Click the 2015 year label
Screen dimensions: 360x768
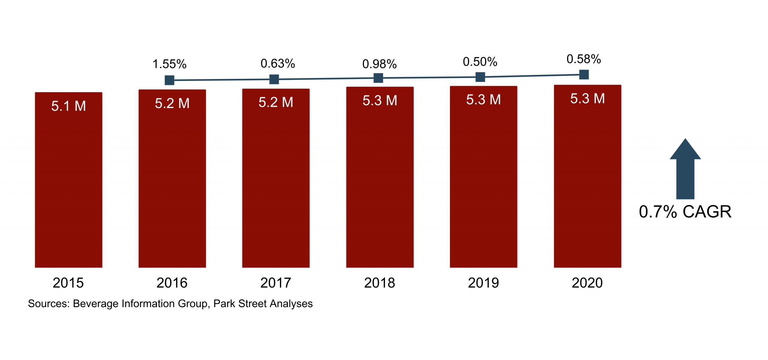click(68, 283)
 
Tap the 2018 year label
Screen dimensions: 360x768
click(379, 283)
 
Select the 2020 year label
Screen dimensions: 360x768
click(587, 283)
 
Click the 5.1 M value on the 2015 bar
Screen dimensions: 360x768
click(68, 106)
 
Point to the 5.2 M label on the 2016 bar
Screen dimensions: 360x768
click(172, 103)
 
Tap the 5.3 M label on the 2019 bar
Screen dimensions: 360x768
click(483, 100)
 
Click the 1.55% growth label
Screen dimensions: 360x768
click(169, 64)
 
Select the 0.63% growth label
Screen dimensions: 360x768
click(278, 64)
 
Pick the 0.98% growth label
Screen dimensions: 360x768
click(379, 64)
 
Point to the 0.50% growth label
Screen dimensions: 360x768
click(480, 62)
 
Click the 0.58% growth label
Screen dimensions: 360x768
click(583, 59)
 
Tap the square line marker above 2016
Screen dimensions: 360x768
click(169, 80)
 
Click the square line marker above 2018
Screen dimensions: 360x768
click(378, 78)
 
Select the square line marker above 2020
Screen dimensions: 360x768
click(584, 74)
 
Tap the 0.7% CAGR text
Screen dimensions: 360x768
click(685, 212)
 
